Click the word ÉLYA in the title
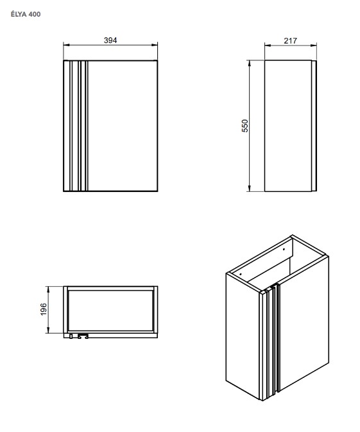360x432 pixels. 19,14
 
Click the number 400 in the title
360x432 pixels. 34,14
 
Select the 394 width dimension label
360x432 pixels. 110,40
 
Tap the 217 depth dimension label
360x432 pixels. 290,41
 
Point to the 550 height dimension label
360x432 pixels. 244,126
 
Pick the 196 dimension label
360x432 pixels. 44,309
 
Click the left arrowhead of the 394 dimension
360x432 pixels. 66,45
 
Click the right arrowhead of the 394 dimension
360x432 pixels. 155,45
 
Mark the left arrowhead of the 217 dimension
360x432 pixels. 268,46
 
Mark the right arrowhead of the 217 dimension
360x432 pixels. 314,46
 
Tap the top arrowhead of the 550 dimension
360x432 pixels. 249,64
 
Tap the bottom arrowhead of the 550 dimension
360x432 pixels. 249,188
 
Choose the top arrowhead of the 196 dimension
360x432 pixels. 48,289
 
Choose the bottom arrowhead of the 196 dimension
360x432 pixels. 48,330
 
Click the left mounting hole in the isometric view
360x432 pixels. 241,274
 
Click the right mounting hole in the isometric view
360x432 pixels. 284,249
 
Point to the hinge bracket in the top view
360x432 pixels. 82,336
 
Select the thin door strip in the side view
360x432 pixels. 314,126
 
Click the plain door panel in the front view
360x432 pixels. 123,126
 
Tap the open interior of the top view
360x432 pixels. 110,311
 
